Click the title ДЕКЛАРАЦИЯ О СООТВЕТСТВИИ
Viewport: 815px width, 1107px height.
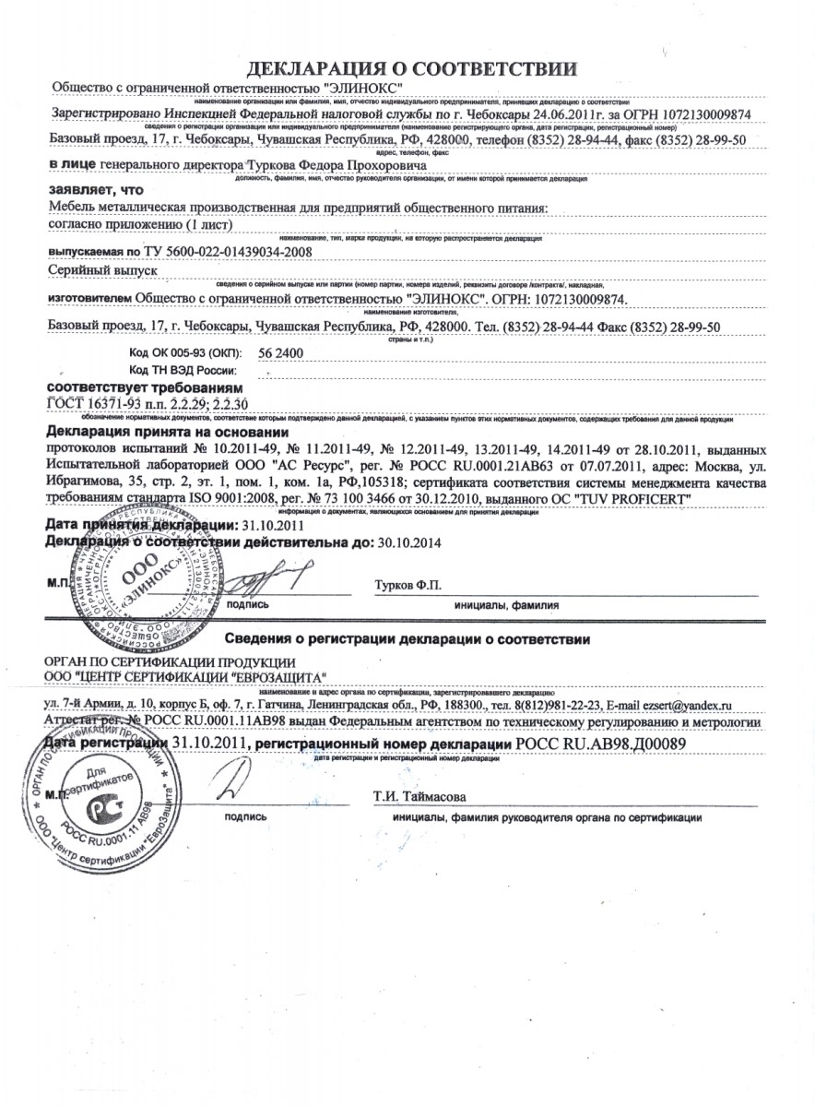(x=412, y=68)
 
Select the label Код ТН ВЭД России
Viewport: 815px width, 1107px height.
(x=190, y=369)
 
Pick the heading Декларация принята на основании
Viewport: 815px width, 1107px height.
(x=167, y=432)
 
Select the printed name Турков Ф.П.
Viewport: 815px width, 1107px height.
(x=408, y=586)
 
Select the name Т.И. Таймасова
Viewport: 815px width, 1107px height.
(x=419, y=795)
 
